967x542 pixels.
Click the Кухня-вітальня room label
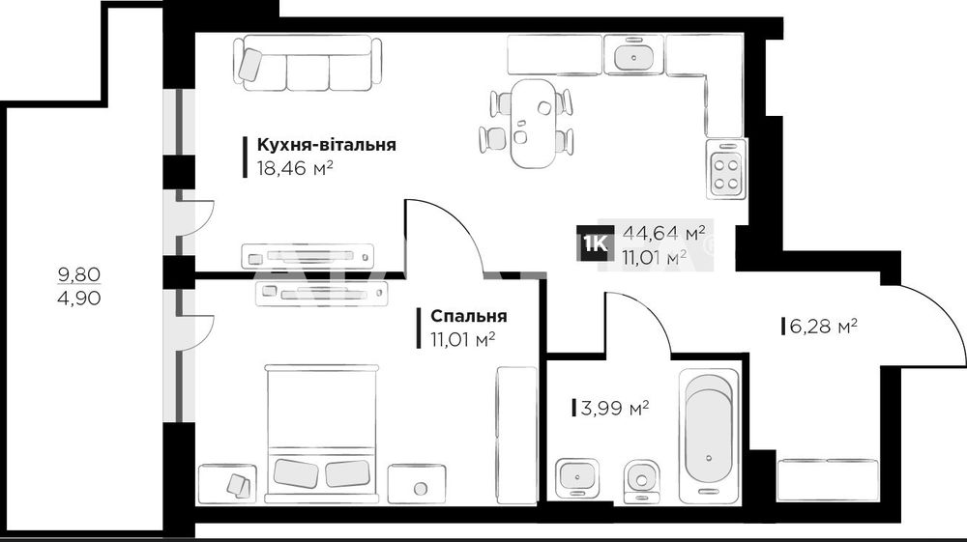327,145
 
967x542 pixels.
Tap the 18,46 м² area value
295,167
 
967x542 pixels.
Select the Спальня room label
469,316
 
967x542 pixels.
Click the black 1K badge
594,244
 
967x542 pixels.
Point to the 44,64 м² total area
663,233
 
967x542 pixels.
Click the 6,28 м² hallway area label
824,328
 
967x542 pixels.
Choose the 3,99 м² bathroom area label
613,408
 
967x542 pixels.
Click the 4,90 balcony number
79,298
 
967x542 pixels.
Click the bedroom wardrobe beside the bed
516,435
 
